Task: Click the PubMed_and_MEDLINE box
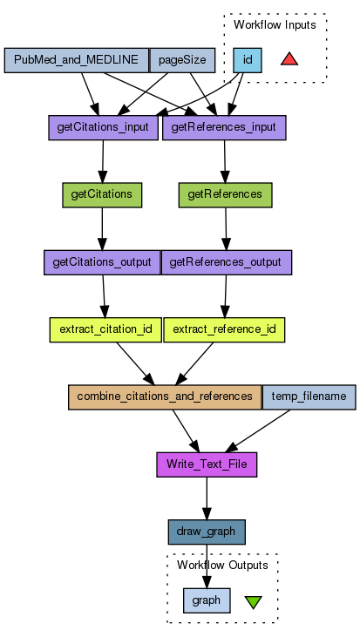click(77, 60)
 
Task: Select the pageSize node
click(182, 60)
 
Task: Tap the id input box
click(248, 60)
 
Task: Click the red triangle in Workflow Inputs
click(289, 59)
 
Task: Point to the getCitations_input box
click(103, 127)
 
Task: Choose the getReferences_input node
click(224, 127)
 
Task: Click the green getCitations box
click(102, 195)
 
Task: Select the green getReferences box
click(226, 195)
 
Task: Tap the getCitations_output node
click(102, 262)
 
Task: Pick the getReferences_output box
click(227, 262)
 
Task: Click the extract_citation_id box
click(105, 330)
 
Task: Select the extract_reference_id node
click(224, 330)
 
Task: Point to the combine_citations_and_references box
click(165, 397)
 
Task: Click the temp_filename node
click(309, 397)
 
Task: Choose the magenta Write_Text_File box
click(207, 464)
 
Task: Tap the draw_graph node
click(207, 532)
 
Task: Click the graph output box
click(207, 600)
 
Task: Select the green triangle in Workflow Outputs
click(254, 601)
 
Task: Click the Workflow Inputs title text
click(275, 24)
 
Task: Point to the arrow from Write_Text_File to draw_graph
click(207, 498)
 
